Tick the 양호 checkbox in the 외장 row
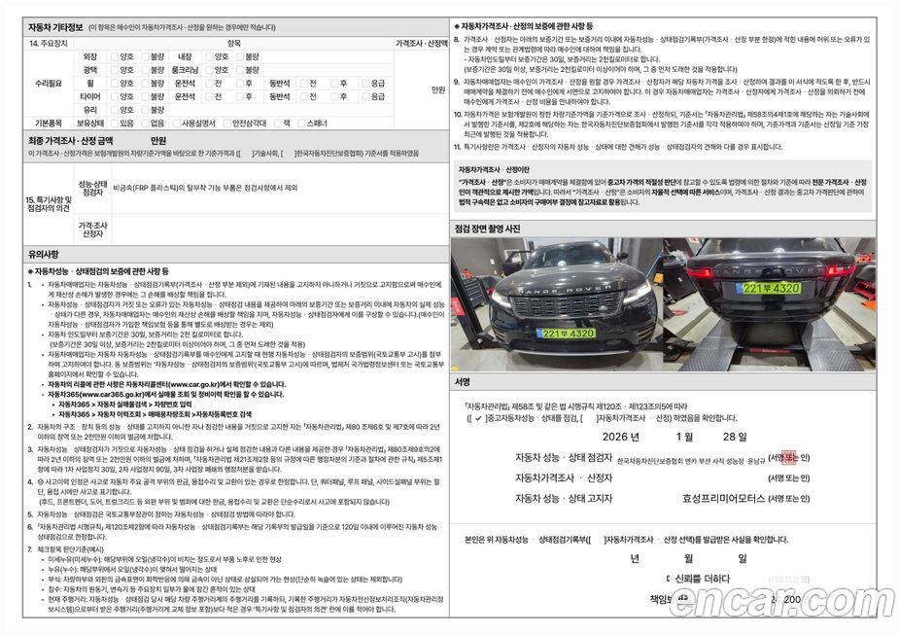tap(113, 57)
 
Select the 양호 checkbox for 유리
tap(113, 110)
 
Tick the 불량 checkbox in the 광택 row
tap(144, 71)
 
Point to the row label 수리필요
tap(48, 84)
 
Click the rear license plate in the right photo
tap(772, 289)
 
